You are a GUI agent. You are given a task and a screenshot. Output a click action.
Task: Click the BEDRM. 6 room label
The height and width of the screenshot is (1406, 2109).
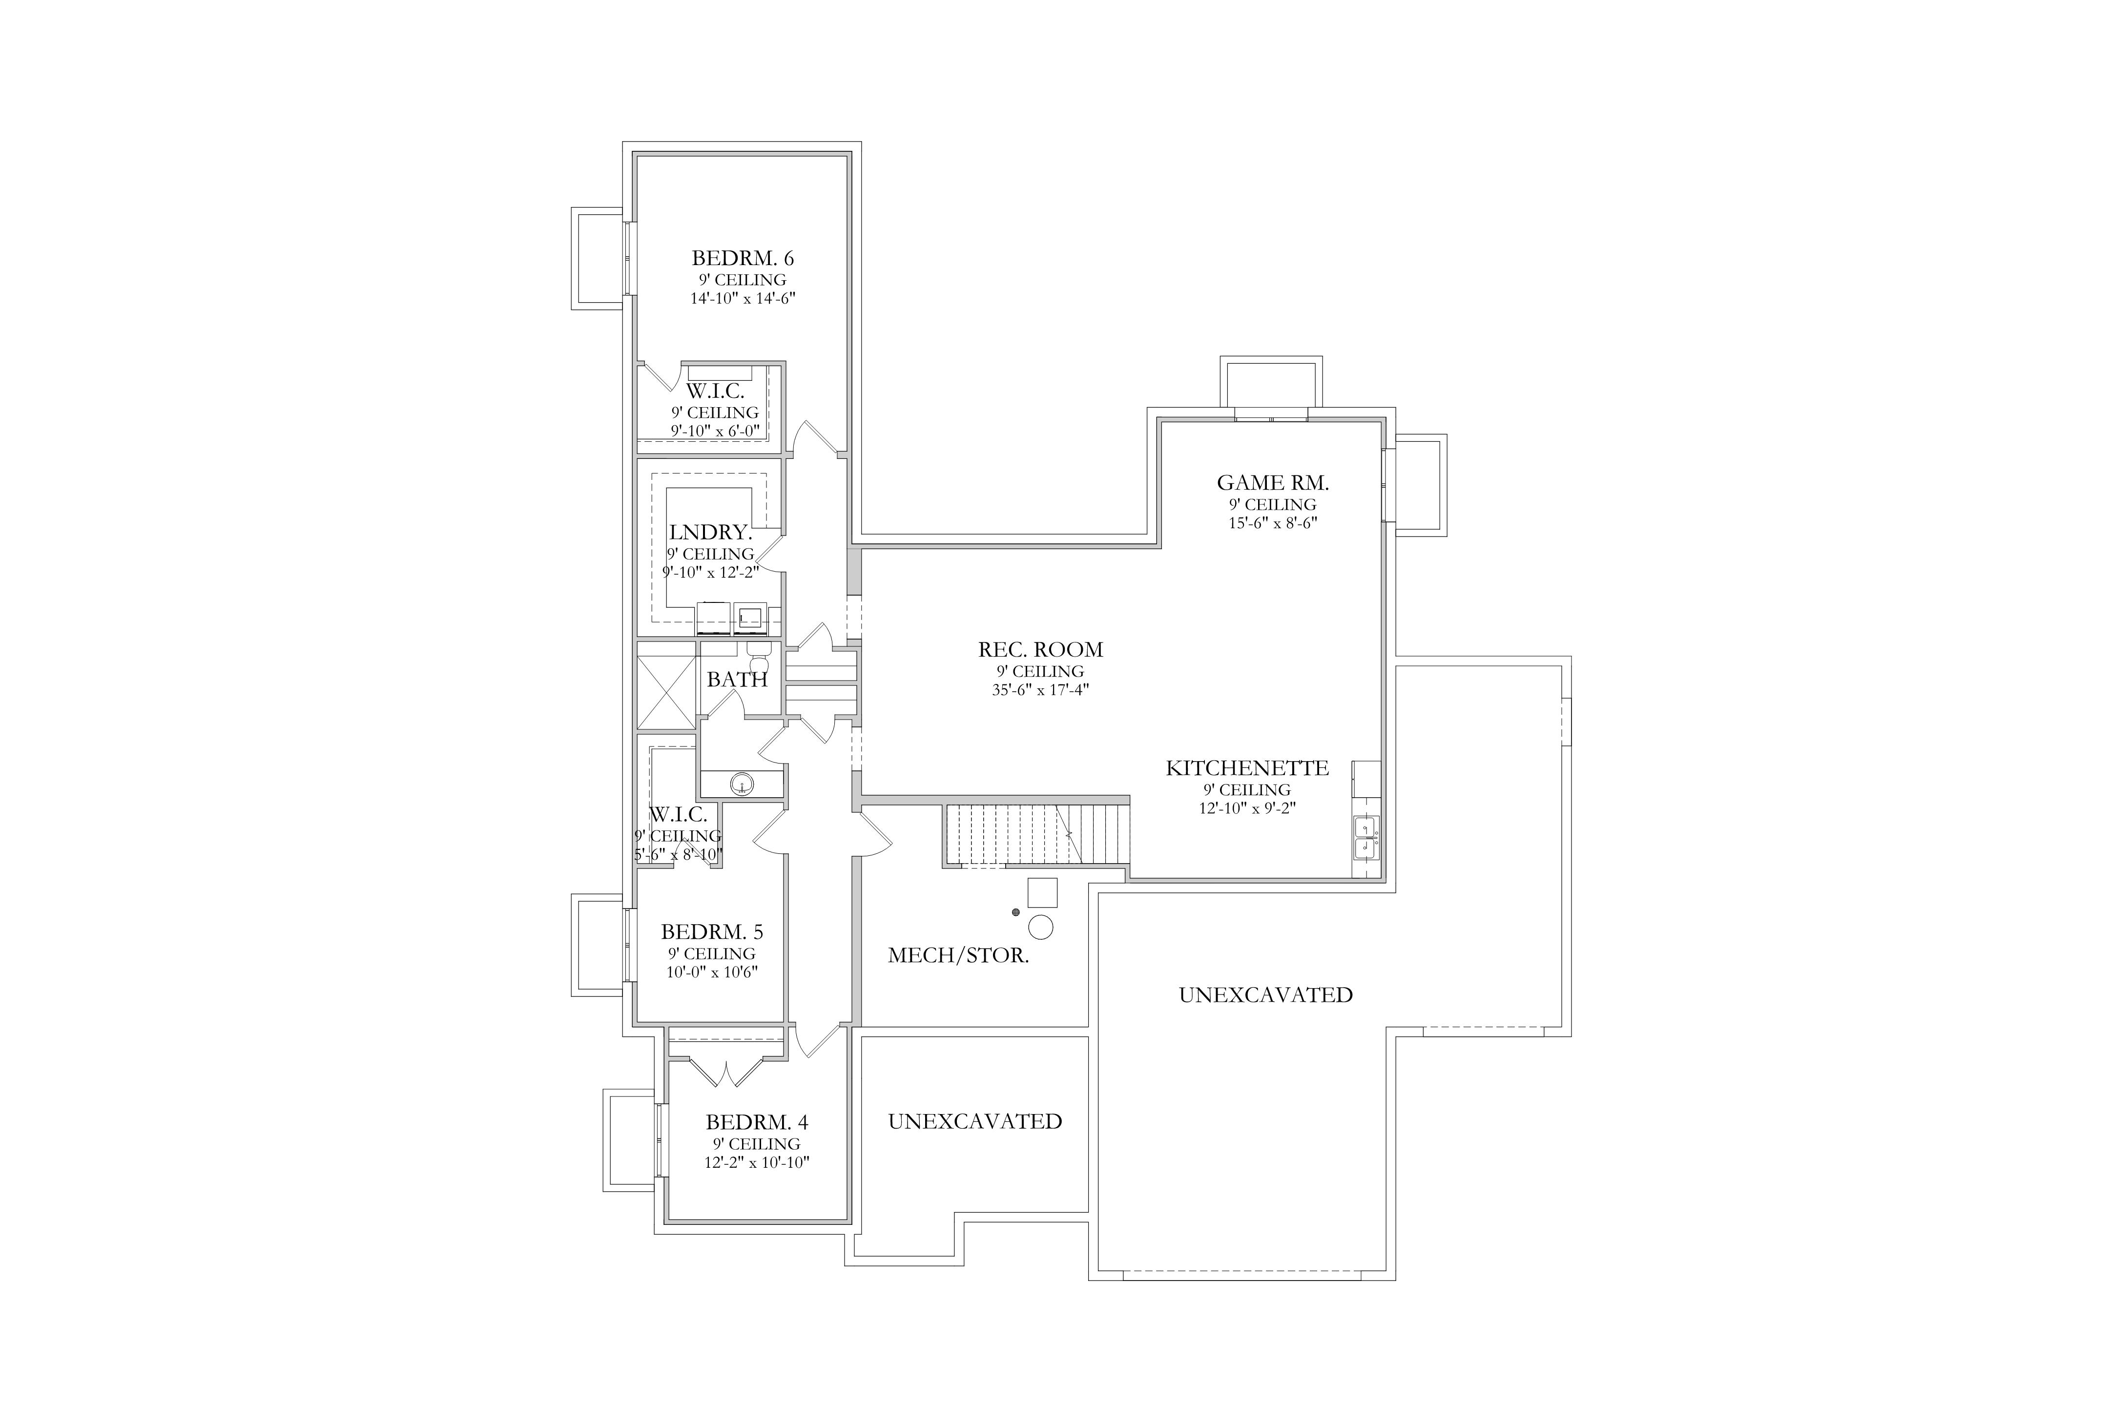pyautogui.click(x=743, y=258)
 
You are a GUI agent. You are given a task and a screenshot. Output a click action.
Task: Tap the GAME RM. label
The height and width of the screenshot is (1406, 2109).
pyautogui.click(x=1272, y=482)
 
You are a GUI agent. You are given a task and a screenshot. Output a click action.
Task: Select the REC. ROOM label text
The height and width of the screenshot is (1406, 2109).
pyautogui.click(x=1040, y=649)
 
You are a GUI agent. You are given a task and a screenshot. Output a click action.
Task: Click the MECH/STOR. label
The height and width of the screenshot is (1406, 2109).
pyautogui.click(x=958, y=956)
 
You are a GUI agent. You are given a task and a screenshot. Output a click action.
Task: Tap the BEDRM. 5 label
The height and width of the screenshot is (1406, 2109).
pyautogui.click(x=712, y=932)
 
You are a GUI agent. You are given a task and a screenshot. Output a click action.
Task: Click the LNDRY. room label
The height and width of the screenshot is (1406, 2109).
pyautogui.click(x=710, y=533)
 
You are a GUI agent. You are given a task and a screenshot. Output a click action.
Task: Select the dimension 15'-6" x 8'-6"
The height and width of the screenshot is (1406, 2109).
pyautogui.click(x=1272, y=523)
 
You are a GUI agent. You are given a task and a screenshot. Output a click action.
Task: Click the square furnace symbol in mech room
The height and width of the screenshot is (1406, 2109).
pyautogui.click(x=1042, y=892)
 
